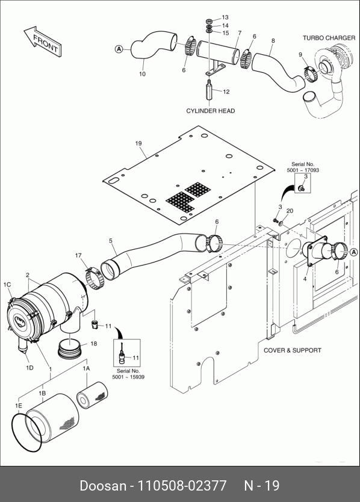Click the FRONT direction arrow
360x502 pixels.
point(43,42)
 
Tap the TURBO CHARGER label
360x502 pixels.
point(329,38)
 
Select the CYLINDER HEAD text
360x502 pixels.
point(211,111)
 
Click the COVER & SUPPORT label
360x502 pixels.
point(292,350)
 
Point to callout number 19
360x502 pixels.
point(138,143)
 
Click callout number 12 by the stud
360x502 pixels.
point(226,92)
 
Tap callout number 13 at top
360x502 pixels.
point(225,17)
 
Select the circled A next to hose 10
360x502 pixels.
point(119,49)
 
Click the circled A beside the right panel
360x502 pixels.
point(353,252)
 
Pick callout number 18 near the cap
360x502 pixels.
point(93,344)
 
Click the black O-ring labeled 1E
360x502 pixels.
point(27,433)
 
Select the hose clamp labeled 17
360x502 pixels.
point(95,279)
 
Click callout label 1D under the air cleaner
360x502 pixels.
point(29,368)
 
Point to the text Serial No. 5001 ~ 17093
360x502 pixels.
point(303,167)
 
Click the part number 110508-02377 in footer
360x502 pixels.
point(182,485)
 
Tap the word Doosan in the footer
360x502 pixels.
point(103,485)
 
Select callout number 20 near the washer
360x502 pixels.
point(290,211)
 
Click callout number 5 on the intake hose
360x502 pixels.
point(111,240)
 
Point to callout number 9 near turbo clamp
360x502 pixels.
point(300,55)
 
